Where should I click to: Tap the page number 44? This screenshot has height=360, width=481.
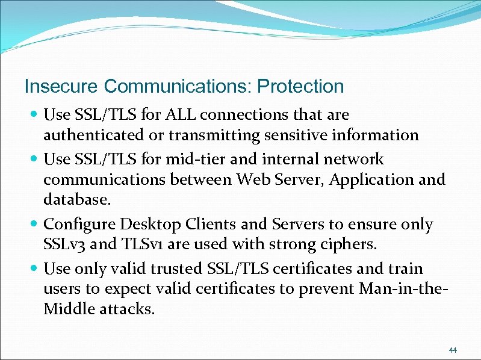pyautogui.click(x=453, y=350)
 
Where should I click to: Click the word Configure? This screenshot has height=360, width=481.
pyautogui.click(x=79, y=225)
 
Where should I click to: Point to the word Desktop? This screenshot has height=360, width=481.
pyautogui.click(x=152, y=225)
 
